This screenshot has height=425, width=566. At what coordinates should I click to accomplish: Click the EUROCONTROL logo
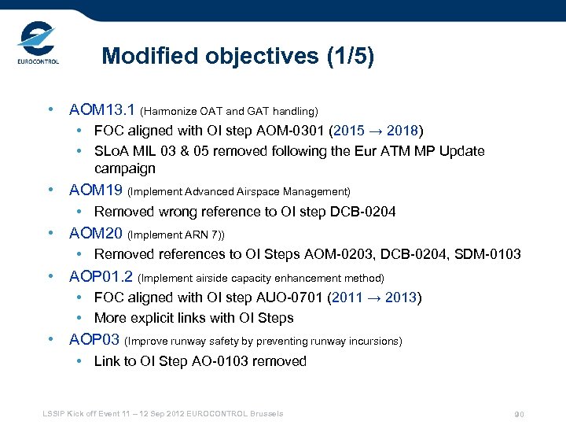tap(38, 45)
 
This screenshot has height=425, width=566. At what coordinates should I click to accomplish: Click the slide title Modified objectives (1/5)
tap(238, 57)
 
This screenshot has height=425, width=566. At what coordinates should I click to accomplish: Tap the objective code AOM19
tap(96, 190)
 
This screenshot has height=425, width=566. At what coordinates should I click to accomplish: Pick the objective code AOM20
tap(96, 233)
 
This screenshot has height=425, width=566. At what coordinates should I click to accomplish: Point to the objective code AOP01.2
tap(101, 276)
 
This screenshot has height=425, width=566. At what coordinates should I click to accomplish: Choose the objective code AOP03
tap(95, 340)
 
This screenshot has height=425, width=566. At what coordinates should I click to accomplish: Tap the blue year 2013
tap(402, 297)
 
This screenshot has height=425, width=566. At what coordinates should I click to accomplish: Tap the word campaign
tap(125, 168)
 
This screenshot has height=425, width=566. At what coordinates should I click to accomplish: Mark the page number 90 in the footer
tap(519, 415)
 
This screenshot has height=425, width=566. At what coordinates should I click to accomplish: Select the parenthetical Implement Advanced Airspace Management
tap(238, 191)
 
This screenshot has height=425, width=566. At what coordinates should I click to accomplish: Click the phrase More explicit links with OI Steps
tap(193, 318)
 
